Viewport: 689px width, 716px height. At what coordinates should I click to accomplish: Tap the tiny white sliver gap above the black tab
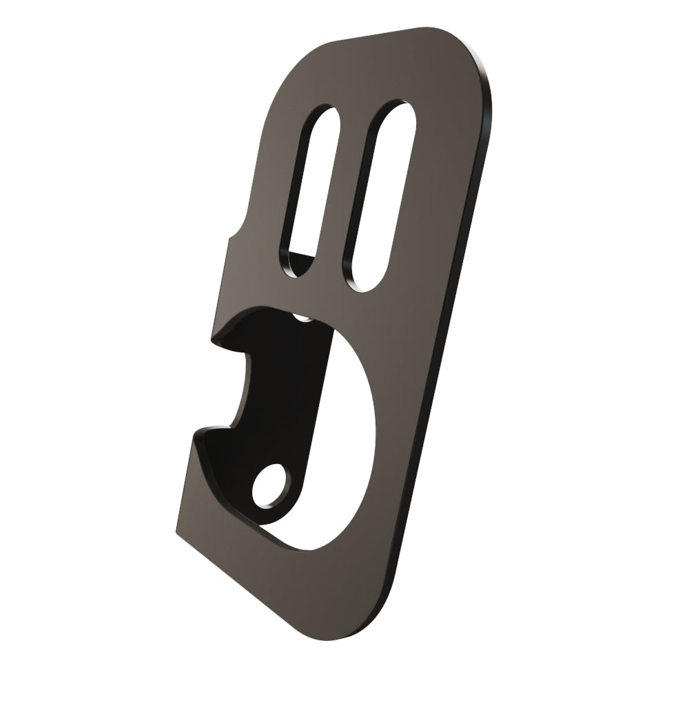pos(302,317)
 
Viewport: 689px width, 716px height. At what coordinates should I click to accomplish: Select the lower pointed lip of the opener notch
pos(196,434)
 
